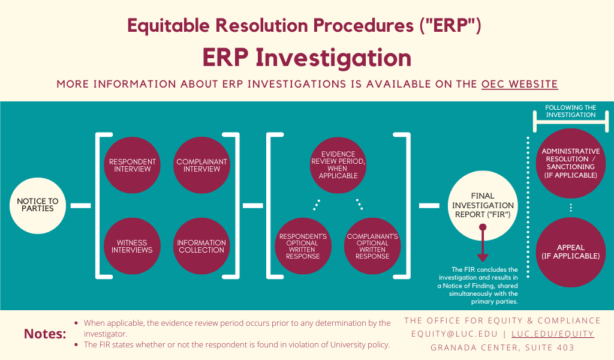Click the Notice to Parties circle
point(37,205)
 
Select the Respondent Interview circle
point(132,165)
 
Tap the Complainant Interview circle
point(201,165)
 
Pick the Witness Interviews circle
point(132,246)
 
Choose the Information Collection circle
point(201,246)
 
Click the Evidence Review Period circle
point(339,165)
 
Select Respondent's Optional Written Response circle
point(303,246)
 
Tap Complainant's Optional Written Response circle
point(372,246)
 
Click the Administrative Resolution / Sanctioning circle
point(570,163)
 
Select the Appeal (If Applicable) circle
point(570,252)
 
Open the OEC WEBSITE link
point(519,84)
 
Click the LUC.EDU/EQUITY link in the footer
point(552,334)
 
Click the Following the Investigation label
point(570,111)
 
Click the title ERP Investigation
point(306,58)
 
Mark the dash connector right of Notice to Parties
point(80,206)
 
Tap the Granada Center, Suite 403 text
point(502,347)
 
